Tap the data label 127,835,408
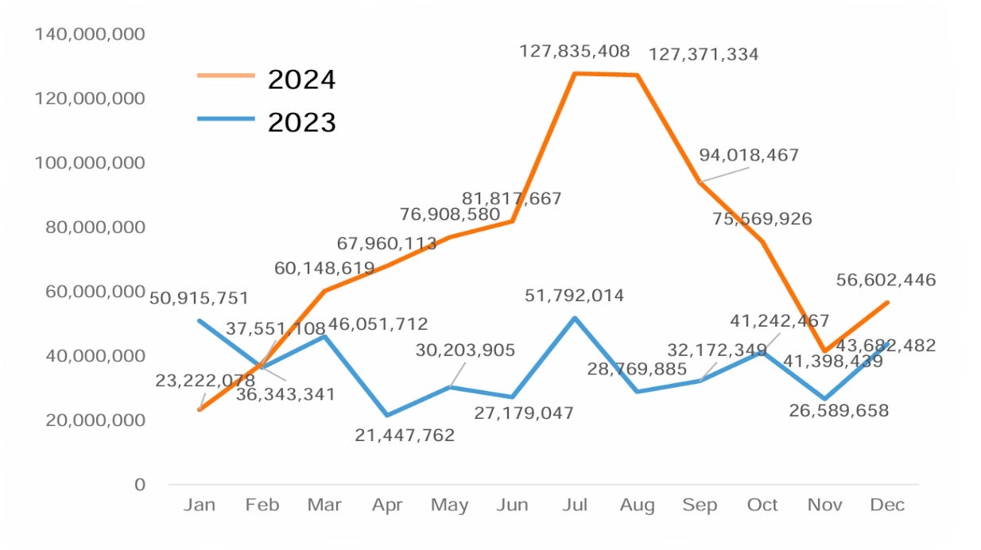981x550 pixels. [575, 52]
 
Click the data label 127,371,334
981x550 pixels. [704, 55]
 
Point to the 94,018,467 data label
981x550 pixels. [749, 155]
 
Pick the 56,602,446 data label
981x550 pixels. [886, 280]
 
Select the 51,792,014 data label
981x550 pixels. [575, 296]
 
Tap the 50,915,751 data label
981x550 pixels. [200, 299]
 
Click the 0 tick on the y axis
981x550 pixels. [139, 484]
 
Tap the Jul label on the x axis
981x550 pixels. [574, 505]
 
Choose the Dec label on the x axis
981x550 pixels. [887, 505]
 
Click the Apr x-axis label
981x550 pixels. [386, 505]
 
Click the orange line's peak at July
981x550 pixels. [574, 74]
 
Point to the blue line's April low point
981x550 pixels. [386, 415]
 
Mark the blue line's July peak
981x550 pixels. [574, 318]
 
